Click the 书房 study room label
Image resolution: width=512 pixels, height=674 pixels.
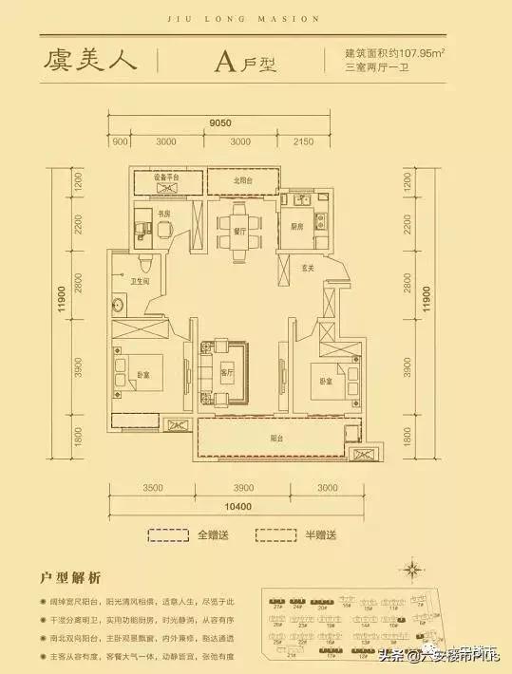tap(163, 215)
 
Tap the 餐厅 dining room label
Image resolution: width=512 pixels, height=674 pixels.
tap(238, 231)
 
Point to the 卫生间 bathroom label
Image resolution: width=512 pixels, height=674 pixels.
tap(142, 280)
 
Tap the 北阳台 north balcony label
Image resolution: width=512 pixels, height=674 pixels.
tap(242, 181)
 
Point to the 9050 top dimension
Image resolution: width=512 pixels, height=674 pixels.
tap(220, 122)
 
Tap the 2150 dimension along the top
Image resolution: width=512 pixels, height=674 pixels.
tap(303, 141)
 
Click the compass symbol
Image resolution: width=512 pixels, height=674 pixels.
tap(412, 570)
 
